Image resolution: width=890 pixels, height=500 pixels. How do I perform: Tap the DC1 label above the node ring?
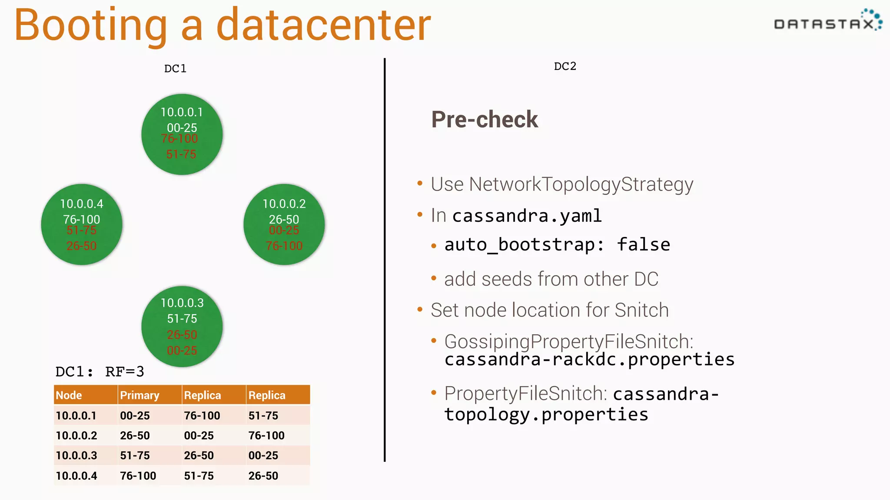[x=175, y=69]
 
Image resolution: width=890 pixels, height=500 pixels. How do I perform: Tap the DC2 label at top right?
[x=565, y=66]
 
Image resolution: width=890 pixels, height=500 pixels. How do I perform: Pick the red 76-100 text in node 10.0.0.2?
[x=284, y=246]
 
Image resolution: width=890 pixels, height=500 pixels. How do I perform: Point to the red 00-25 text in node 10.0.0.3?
[x=182, y=351]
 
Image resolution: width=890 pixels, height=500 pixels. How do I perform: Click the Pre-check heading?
[x=484, y=119]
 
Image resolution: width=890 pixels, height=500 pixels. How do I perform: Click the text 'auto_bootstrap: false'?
[x=557, y=245]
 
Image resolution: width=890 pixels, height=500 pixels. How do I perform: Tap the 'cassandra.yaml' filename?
[x=527, y=216]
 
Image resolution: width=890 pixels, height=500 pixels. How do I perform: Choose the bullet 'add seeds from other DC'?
[x=551, y=279]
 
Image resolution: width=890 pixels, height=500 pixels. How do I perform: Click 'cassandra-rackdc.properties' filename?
[x=589, y=359]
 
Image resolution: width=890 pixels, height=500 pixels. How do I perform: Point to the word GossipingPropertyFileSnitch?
[x=568, y=342]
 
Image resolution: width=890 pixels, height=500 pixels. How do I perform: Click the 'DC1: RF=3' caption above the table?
[x=100, y=372]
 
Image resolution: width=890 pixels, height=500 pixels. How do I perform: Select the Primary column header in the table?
[x=139, y=395]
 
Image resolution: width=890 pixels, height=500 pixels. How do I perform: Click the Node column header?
[x=69, y=395]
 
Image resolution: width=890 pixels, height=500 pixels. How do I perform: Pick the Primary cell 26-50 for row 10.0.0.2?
[x=135, y=436]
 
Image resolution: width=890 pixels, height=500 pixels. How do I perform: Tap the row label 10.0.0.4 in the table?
[x=76, y=476]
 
